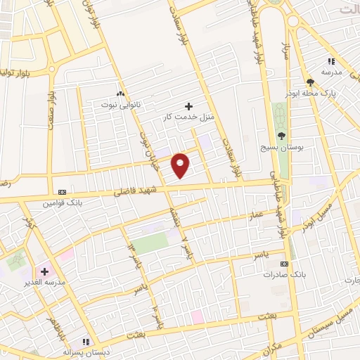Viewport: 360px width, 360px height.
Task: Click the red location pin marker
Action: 181,165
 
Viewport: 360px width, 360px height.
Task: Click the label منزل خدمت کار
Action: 188,116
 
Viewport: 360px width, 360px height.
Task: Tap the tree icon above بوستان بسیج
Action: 281,136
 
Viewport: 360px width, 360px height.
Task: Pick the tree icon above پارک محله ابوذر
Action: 310,83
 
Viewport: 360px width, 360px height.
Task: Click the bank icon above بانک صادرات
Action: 283,264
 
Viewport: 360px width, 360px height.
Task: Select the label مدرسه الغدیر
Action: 44,282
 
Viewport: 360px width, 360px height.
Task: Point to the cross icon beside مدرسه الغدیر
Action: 44,271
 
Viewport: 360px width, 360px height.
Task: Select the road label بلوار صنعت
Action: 51,110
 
